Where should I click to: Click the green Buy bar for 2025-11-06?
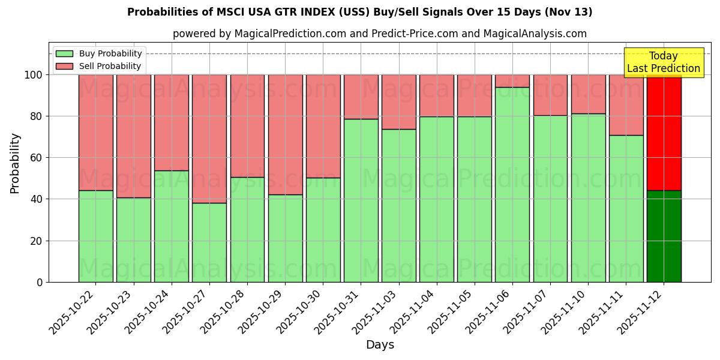click(x=512, y=184)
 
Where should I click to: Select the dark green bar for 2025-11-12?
click(x=664, y=236)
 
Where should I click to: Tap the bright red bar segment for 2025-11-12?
click(x=664, y=133)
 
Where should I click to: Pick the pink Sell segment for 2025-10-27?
click(x=209, y=139)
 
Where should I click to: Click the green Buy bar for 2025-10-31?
click(x=361, y=200)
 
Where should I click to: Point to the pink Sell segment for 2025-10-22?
click(x=96, y=133)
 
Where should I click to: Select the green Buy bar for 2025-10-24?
click(x=172, y=226)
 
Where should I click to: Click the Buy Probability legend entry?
click(x=99, y=53)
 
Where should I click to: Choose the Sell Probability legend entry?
click(x=99, y=66)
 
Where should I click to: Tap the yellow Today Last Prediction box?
click(x=663, y=62)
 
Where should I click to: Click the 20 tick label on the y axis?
click(x=37, y=241)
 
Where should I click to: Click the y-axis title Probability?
click(x=15, y=163)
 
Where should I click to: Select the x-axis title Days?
click(x=380, y=345)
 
